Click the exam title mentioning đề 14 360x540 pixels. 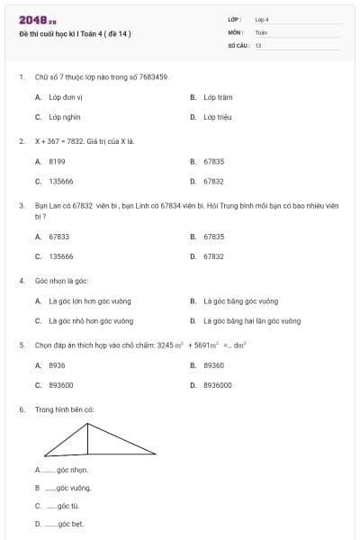[75, 34]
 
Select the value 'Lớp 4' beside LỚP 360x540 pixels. [262, 19]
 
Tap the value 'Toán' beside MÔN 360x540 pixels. [261, 31]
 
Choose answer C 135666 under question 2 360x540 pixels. [61, 181]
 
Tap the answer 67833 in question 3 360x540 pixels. [58, 237]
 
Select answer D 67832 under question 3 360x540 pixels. [213, 256]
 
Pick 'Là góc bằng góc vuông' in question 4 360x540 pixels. [240, 301]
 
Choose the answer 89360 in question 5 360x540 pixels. [213, 365]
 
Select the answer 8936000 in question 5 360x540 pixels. [217, 385]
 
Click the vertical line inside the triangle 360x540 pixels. [87, 439]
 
